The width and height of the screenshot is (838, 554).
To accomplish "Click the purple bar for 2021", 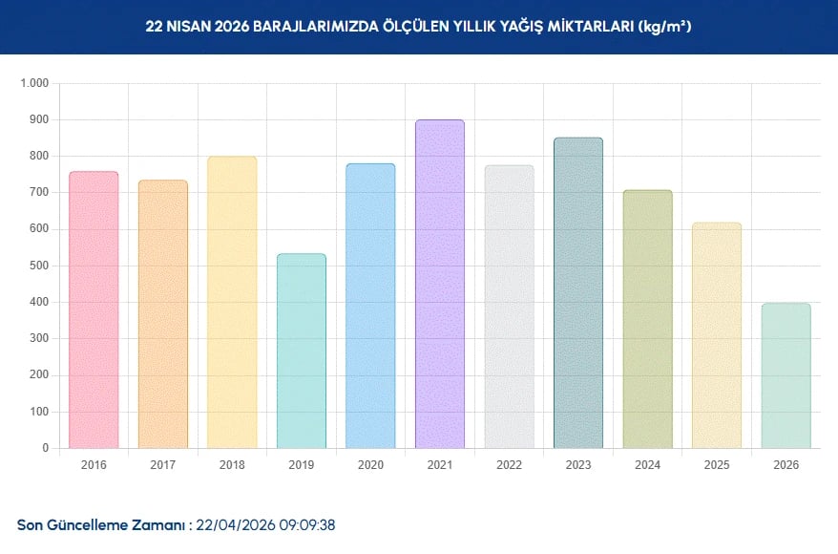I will coord(440,284).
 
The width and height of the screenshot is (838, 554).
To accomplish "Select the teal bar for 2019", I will coord(302,351).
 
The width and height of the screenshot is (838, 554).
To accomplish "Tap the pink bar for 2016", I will coord(94,309).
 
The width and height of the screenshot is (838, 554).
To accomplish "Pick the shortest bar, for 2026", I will coord(786,375).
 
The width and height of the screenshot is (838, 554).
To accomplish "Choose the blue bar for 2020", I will coord(370,306).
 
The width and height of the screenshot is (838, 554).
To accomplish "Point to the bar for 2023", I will coord(578,292).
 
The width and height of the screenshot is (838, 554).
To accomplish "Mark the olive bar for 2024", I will coord(648,319).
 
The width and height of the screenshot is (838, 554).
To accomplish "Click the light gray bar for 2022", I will coord(509,307).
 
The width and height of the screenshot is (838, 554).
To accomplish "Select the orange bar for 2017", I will coord(163,314).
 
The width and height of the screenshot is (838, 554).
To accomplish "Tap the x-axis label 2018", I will coord(232,465).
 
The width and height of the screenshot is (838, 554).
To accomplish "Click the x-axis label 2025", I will coord(717,465).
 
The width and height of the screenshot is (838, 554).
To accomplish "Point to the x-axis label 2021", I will coord(440,465).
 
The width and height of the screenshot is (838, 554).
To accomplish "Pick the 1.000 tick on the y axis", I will coord(33,83).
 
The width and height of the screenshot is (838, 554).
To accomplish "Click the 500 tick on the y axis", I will coord(38,266).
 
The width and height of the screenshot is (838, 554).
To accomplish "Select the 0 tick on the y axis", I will coord(45,448).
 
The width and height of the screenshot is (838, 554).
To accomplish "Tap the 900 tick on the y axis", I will coord(38,119).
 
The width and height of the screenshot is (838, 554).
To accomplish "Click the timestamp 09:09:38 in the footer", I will coord(306,525).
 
